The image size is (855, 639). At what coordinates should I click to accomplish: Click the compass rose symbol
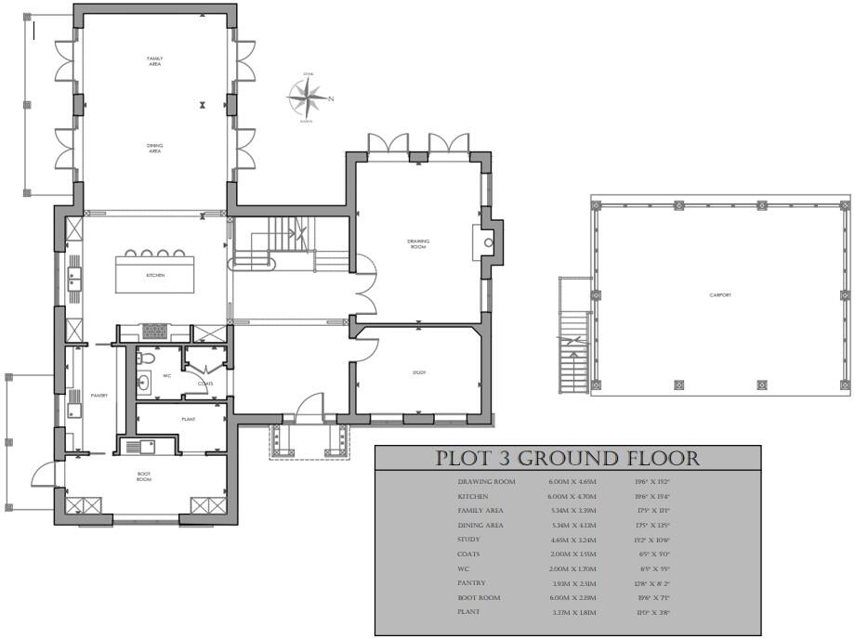click(307, 97)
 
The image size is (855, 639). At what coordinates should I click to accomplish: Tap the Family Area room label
click(155, 61)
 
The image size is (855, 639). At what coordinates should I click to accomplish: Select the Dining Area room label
click(154, 148)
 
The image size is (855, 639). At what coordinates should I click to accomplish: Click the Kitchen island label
click(154, 276)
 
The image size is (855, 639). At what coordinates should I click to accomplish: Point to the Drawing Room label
click(418, 243)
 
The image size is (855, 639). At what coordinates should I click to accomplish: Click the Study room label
click(419, 372)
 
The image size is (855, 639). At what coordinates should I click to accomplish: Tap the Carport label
click(720, 294)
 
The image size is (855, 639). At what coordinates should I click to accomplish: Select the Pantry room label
click(99, 396)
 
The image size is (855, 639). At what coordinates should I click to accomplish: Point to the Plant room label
click(189, 419)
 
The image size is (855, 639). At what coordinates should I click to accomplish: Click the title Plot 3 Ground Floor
click(568, 458)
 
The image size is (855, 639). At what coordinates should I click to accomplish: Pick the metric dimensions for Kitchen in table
click(571, 497)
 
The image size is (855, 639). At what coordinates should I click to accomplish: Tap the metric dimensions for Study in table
click(571, 540)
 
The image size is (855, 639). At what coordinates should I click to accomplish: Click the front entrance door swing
click(309, 407)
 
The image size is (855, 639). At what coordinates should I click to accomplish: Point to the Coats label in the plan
click(205, 383)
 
